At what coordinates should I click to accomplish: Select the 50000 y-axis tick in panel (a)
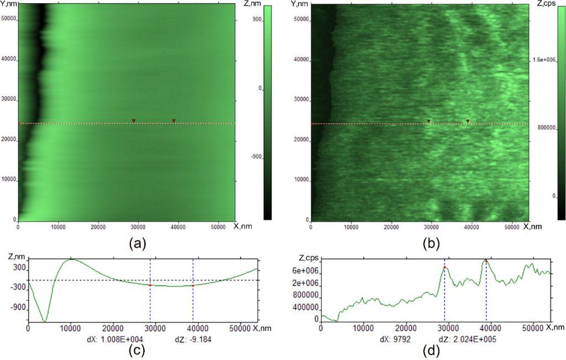click(9, 19)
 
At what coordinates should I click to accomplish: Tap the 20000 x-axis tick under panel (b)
click(391, 226)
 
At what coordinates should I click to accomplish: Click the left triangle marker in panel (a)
click(134, 121)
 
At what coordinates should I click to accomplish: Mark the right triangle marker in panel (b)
click(468, 121)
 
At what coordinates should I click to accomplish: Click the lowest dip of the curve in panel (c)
click(45, 321)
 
